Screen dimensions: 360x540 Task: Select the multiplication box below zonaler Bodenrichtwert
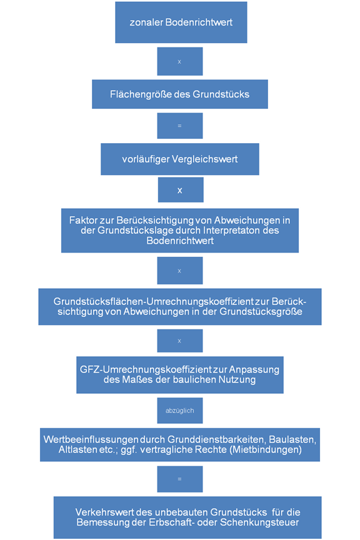(x=180, y=61)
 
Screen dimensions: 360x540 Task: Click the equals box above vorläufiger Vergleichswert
(x=180, y=126)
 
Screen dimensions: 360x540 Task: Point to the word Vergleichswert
(x=204, y=159)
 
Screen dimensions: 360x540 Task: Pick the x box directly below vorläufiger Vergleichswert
(x=181, y=190)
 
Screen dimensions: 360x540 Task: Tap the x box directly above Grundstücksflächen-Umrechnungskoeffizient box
(x=180, y=271)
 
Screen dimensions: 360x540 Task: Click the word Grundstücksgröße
(x=261, y=312)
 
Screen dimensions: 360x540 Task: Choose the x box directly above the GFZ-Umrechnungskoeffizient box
(x=180, y=341)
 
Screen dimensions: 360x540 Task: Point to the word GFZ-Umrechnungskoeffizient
(x=146, y=370)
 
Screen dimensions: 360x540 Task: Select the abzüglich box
(x=180, y=411)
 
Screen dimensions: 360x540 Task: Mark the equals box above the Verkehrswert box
(x=180, y=479)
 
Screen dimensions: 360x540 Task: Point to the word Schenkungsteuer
(x=259, y=522)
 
